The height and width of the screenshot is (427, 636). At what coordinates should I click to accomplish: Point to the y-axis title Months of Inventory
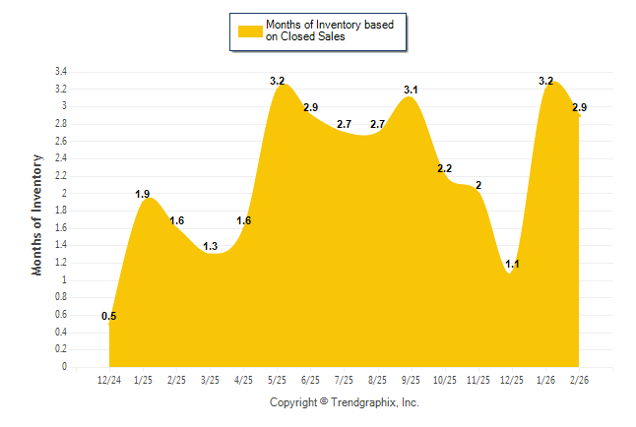click(x=37, y=214)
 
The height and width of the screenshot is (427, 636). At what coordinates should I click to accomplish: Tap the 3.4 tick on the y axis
click(x=61, y=72)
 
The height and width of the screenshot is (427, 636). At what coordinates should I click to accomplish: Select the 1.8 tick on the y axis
click(x=61, y=211)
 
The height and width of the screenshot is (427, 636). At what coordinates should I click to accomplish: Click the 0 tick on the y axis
click(x=64, y=367)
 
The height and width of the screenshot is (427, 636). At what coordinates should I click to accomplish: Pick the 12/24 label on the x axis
click(x=109, y=380)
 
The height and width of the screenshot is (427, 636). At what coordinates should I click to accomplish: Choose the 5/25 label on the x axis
click(x=277, y=380)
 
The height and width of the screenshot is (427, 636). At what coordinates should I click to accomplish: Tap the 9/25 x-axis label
click(x=411, y=380)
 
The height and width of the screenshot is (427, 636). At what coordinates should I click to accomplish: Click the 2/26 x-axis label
click(x=578, y=380)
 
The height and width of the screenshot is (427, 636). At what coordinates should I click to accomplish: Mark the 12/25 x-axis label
click(x=511, y=380)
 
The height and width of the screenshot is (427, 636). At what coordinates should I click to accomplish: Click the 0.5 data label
click(x=109, y=316)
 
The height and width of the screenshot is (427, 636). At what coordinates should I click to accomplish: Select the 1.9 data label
click(x=143, y=194)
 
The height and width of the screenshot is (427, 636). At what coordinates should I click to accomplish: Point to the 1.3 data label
click(x=211, y=246)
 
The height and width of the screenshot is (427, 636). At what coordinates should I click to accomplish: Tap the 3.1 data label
click(x=412, y=91)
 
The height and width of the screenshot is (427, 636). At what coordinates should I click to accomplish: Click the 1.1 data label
click(x=512, y=264)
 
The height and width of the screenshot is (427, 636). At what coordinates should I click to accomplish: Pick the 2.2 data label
click(x=445, y=168)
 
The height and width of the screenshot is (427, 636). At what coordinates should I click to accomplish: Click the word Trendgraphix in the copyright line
click(x=360, y=402)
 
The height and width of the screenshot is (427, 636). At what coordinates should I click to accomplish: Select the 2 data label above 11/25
click(x=477, y=185)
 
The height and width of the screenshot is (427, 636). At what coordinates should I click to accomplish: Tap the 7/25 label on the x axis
click(x=344, y=380)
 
